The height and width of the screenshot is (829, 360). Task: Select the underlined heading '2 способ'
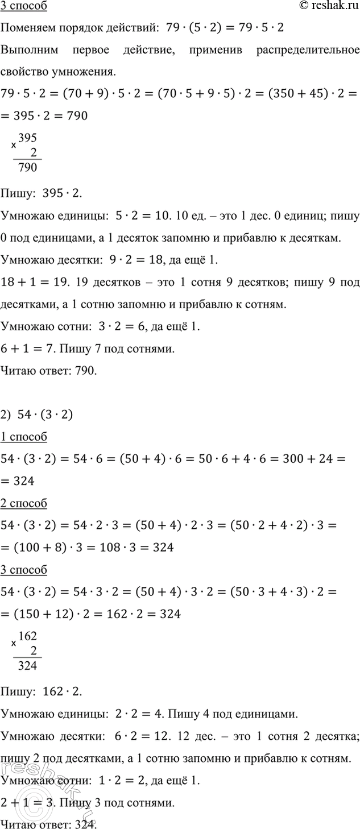(24, 503)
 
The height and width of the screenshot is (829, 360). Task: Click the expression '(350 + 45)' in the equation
(302, 93)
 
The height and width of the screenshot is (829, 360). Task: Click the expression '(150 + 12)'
(39, 614)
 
